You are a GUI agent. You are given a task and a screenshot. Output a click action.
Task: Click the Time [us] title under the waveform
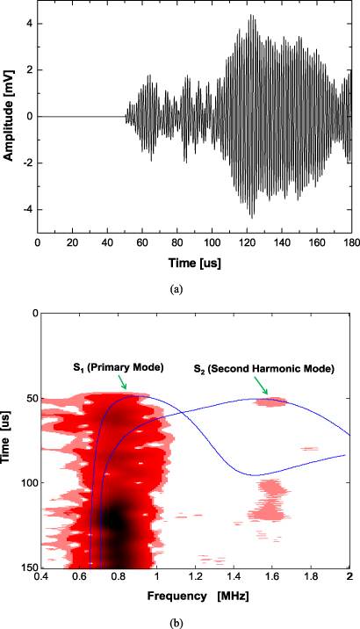point(194,262)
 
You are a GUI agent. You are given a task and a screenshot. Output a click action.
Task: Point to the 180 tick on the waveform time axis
point(349,242)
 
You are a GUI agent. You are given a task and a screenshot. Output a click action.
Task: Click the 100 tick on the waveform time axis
point(211,242)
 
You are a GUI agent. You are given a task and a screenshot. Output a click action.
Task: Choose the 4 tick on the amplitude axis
point(28,23)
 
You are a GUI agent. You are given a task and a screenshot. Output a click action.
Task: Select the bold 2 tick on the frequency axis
point(349,578)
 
